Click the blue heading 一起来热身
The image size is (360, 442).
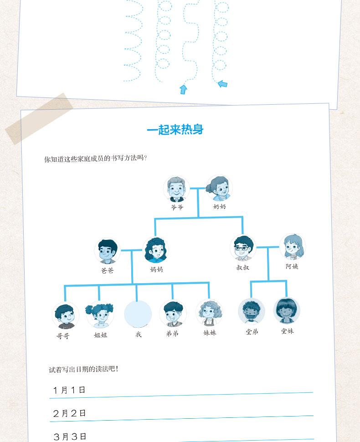(x=175, y=130)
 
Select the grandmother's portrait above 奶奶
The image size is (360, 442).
(x=219, y=188)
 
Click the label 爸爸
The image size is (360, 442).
(x=108, y=270)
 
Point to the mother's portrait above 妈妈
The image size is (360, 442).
(x=156, y=250)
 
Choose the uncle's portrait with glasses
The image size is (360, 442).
(x=243, y=248)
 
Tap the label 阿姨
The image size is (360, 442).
(x=292, y=266)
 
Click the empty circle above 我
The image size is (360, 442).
(x=138, y=314)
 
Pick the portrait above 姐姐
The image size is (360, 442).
(x=99, y=314)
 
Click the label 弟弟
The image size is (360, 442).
(x=172, y=334)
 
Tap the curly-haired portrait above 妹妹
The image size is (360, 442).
(x=209, y=312)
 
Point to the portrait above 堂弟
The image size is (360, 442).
(x=252, y=311)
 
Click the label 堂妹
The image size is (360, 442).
(x=288, y=331)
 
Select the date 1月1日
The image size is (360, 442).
(x=69, y=390)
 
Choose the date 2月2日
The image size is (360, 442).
(x=70, y=413)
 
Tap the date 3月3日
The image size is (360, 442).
(x=70, y=437)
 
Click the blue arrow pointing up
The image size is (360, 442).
(x=183, y=89)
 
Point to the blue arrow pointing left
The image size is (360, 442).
(x=222, y=84)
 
